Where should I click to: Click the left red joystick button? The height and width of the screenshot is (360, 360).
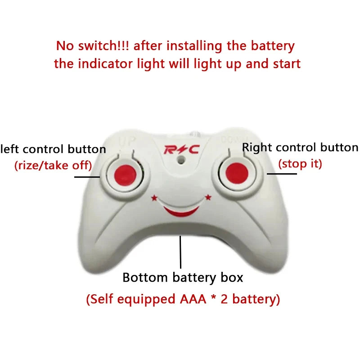pos(126,175)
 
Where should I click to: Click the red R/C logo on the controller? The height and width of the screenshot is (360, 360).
pos(182,150)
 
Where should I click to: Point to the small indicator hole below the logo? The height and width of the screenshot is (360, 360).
pos(181,159)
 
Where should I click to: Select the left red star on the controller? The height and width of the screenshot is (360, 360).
pos(154,198)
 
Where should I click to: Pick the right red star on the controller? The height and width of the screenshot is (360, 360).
pos(208,197)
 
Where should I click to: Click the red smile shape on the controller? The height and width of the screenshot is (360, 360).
pos(181,211)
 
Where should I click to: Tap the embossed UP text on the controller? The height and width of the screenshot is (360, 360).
pos(127,141)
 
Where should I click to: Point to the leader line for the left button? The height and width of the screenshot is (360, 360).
pos(87,177)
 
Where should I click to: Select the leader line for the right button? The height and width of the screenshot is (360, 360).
pos(282,174)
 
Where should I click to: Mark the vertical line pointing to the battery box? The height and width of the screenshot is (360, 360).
pos(180,252)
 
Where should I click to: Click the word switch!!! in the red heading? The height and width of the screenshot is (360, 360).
pos(103,45)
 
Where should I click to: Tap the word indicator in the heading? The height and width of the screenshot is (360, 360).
pos(105,63)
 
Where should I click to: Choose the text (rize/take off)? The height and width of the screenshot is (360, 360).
pos(53,166)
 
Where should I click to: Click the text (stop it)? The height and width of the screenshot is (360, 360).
pos(300,164)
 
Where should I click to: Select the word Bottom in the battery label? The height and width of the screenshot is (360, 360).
pos(145,277)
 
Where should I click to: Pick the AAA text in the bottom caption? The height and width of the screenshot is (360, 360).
pos(193,299)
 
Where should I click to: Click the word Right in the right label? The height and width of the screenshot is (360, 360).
pos(257,148)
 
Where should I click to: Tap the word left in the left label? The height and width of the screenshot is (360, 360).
pos(9,149)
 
